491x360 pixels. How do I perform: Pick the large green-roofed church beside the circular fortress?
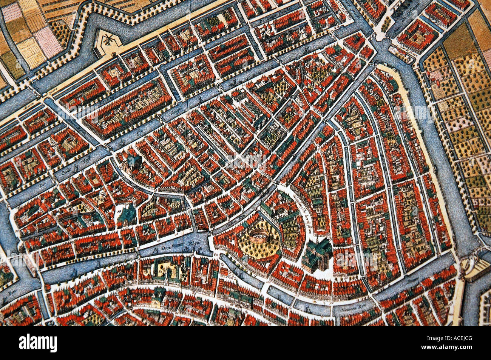(314, 256)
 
